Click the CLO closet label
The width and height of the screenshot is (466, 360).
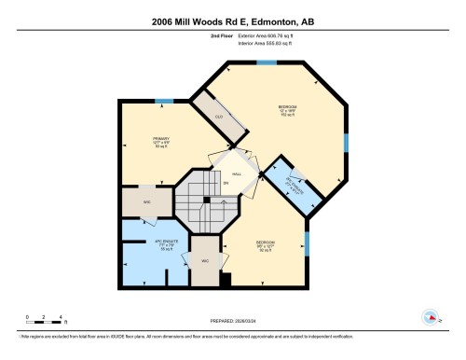point(218,117)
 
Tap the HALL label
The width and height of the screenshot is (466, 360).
point(237,174)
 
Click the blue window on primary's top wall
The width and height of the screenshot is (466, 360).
point(164,101)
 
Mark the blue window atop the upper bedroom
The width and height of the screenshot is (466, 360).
point(267,62)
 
